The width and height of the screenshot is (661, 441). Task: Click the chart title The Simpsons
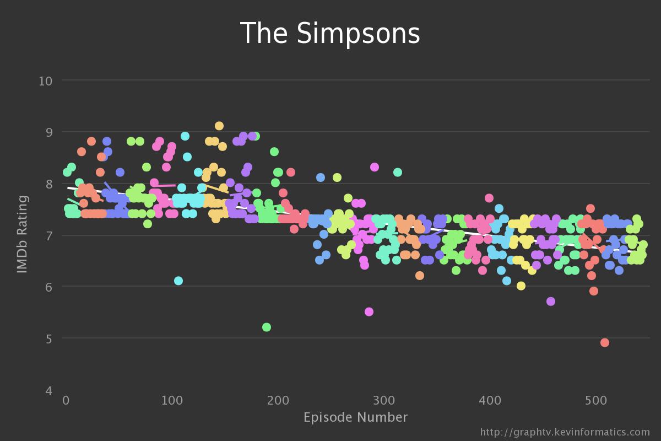(330, 34)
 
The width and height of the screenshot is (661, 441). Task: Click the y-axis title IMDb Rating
(22, 234)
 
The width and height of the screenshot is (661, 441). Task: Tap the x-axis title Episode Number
(355, 417)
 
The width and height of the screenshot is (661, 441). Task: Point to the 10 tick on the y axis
(45, 81)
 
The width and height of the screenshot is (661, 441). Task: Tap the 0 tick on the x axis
(66, 400)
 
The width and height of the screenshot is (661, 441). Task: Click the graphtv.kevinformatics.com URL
(565, 432)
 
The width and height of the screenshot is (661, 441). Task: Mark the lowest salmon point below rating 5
(604, 342)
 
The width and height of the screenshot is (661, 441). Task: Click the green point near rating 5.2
(267, 327)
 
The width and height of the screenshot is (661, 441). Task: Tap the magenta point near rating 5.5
(369, 311)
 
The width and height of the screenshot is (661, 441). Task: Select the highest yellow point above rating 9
(219, 126)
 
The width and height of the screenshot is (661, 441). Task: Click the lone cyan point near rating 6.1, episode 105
(178, 281)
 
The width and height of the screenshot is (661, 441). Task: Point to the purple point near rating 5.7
(550, 301)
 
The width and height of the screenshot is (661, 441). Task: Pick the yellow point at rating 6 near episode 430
(521, 286)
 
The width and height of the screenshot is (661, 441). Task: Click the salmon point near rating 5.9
(593, 291)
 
